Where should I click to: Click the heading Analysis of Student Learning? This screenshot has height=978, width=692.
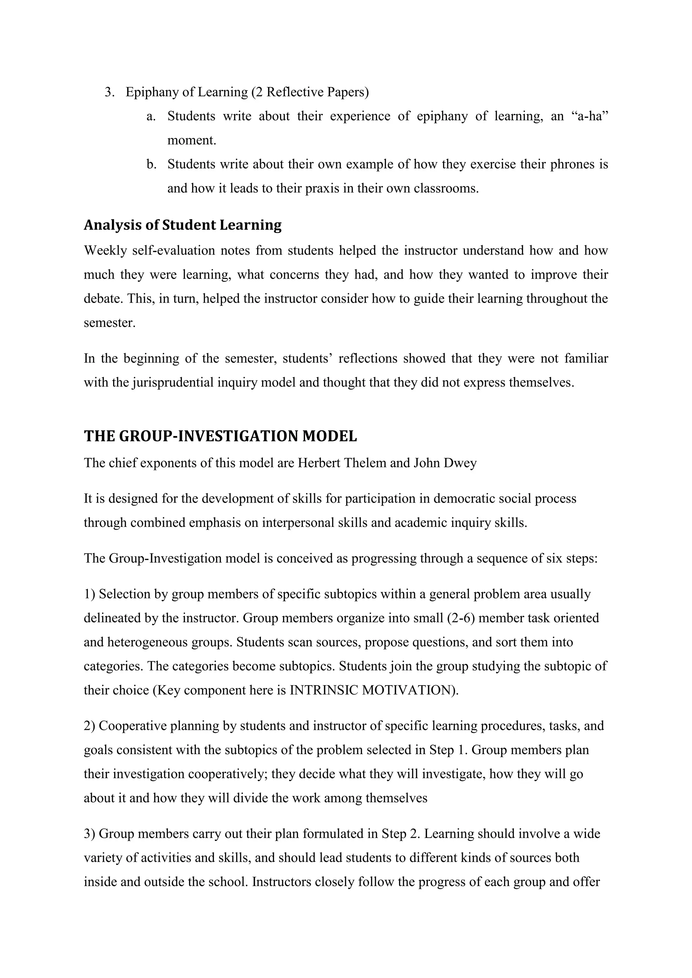click(182, 225)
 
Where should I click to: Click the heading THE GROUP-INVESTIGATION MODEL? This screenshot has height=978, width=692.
click(220, 436)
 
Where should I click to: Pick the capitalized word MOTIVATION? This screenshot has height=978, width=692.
click(410, 690)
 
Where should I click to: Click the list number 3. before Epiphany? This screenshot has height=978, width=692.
click(109, 92)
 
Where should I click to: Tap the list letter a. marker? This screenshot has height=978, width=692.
click(151, 116)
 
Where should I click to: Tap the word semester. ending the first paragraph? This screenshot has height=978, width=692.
click(109, 323)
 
